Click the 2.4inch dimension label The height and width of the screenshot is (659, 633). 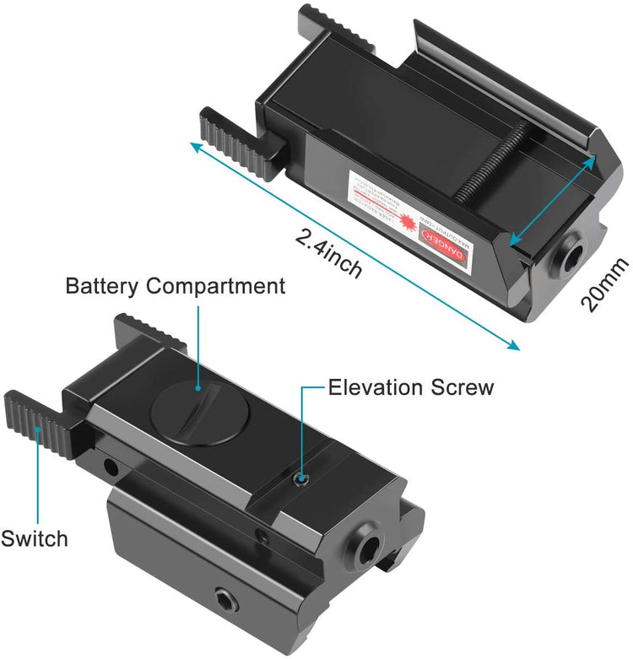[x=329, y=254]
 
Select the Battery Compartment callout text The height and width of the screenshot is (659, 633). [x=176, y=286]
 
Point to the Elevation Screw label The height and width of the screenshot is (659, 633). [x=411, y=387]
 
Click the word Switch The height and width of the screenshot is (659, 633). [x=35, y=537]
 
